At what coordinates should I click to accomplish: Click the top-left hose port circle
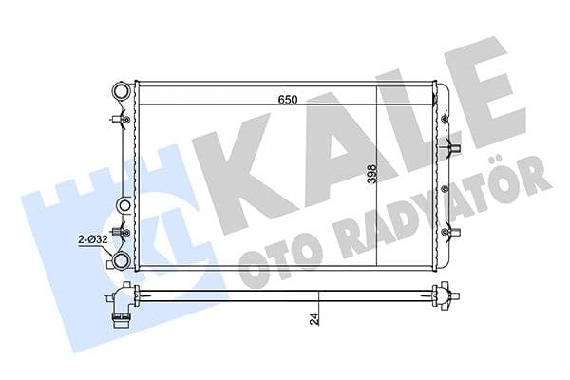pos(121,92)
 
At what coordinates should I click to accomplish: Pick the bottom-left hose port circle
pos(121,259)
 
